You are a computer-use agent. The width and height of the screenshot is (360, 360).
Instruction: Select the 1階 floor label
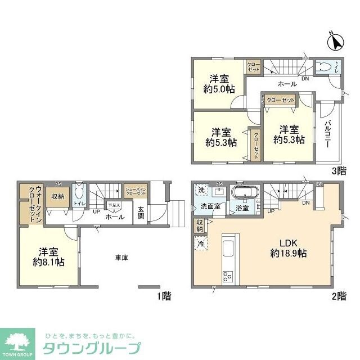point(164,296)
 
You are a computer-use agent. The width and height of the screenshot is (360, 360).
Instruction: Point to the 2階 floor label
point(339,296)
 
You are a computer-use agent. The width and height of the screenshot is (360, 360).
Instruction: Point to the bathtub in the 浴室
point(245,194)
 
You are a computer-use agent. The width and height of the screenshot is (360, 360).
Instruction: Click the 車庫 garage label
point(122,258)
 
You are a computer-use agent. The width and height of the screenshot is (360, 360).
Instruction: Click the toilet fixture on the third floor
point(322,67)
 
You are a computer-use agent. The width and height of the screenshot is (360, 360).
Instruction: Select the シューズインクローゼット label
point(136,191)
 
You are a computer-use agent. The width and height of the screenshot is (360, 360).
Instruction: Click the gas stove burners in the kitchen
point(228,276)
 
